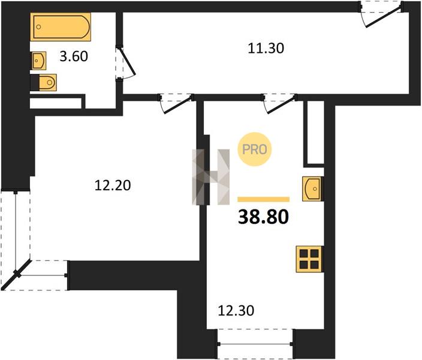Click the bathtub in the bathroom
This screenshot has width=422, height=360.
pos(61,26)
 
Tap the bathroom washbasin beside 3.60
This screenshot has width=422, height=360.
pos(39,61)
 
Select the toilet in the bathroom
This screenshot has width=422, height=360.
pos(47,82)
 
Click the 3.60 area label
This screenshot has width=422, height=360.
pos(74,56)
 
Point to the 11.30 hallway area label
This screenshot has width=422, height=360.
pos(266,49)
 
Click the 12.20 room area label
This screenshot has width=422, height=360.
pos(113,185)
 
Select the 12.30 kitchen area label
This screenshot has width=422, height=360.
pos(236,311)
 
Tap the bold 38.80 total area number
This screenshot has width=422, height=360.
pos(263,217)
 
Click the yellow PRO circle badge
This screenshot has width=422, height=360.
pos(254,149)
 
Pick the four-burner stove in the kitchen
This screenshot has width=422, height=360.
pos(309,259)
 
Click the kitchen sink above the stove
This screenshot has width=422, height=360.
pos(312,189)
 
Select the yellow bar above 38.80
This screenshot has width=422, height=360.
pos(264,199)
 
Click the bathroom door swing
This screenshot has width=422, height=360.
pos(125,64)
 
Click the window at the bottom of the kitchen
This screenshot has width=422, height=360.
pos(255,344)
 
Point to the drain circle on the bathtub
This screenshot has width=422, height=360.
pos(39,26)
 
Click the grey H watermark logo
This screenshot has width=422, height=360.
pos(211,177)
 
